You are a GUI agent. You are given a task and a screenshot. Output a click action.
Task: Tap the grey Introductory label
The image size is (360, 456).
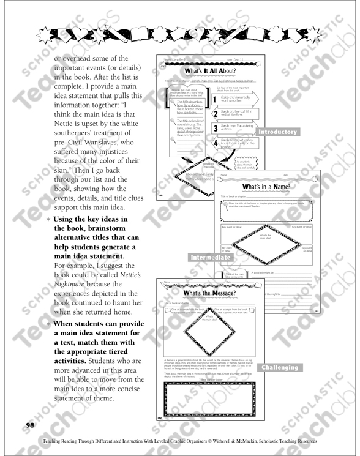pos(277,132)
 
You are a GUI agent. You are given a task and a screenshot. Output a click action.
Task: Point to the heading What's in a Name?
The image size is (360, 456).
pos(266,186)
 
